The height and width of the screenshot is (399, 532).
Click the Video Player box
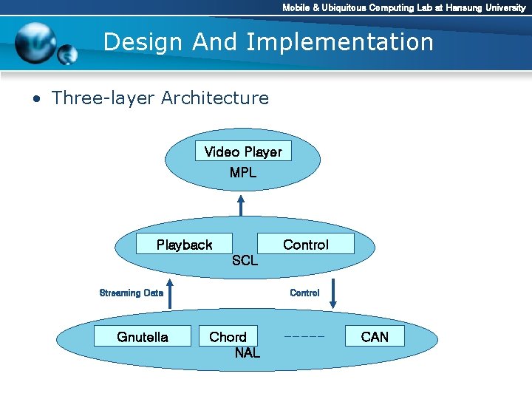tap(243, 152)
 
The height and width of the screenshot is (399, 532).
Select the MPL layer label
tap(243, 173)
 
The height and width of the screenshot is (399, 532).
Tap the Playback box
tap(184, 245)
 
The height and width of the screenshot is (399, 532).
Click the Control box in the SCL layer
tap(305, 245)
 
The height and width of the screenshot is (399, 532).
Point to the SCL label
tap(245, 261)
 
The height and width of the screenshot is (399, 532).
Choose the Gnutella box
tap(143, 337)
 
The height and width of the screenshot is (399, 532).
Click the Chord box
tap(228, 337)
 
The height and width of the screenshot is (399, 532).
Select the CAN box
tap(375, 337)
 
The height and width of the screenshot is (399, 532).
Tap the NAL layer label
tap(247, 353)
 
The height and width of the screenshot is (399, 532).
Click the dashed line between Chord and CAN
tap(304, 337)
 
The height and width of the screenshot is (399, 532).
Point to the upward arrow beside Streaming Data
tap(170, 293)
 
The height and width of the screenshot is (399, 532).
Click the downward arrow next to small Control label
tap(333, 293)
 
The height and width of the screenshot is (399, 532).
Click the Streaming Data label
tap(131, 293)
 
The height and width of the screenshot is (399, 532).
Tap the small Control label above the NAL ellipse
tap(304, 293)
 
